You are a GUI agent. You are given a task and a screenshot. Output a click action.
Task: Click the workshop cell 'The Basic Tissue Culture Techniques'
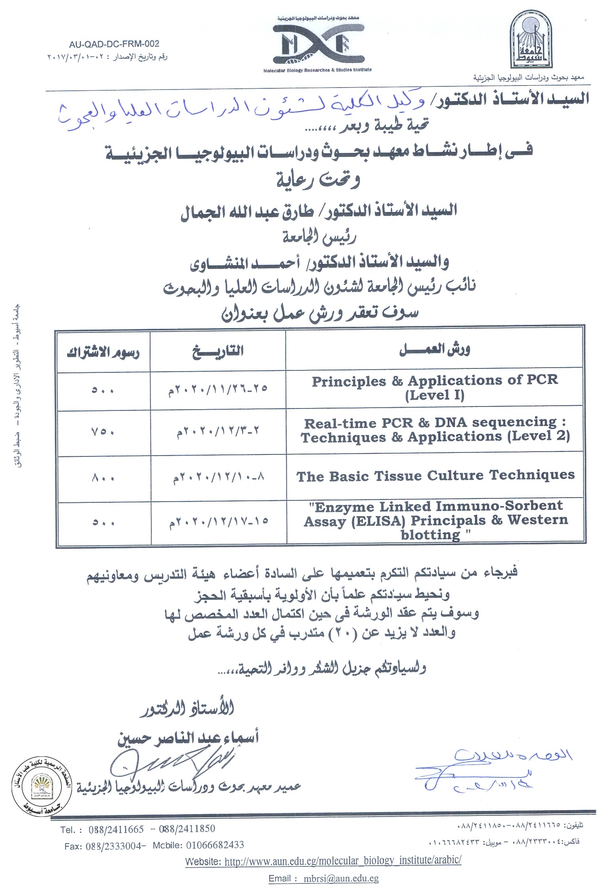[x=435, y=475]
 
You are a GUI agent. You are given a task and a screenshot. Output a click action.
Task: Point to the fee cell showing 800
[x=103, y=478]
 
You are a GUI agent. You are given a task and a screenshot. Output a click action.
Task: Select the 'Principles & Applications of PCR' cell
[x=435, y=388]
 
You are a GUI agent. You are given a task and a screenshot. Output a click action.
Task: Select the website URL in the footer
[x=342, y=861]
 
